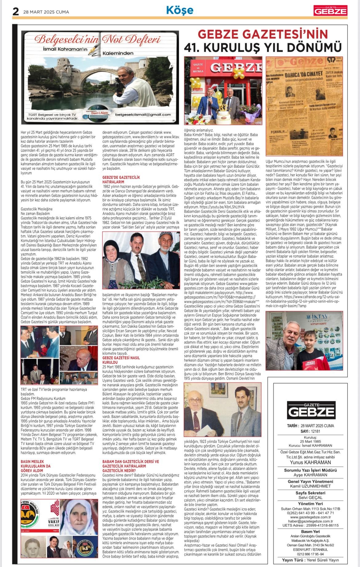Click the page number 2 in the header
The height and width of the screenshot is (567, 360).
[x=15, y=12]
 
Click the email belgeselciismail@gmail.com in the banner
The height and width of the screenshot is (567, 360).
[x=143, y=115]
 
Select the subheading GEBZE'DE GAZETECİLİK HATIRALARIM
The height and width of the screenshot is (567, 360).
[x=121, y=180]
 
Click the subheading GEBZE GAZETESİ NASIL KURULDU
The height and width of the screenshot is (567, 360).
[x=121, y=360]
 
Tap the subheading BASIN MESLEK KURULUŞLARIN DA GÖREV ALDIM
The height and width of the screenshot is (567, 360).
[x=36, y=466]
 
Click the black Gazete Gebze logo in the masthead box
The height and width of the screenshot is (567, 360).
[x=311, y=410]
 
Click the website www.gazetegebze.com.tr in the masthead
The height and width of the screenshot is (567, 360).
[x=310, y=517]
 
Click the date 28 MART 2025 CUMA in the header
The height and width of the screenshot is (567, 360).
[x=46, y=12]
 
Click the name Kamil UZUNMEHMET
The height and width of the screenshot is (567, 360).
[x=310, y=486]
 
